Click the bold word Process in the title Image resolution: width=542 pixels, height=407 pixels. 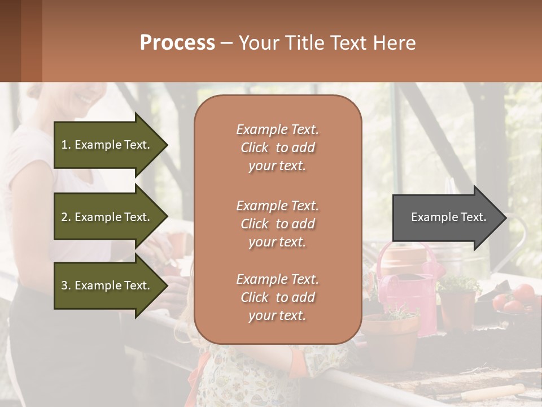(177, 43)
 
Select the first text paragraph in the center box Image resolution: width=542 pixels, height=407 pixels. (277, 148)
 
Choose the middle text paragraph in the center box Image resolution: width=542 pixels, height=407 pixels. (277, 224)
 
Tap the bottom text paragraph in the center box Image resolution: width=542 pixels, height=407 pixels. (277, 297)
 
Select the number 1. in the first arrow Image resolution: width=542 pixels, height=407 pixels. (65, 145)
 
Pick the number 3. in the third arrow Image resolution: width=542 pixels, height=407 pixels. (65, 285)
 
